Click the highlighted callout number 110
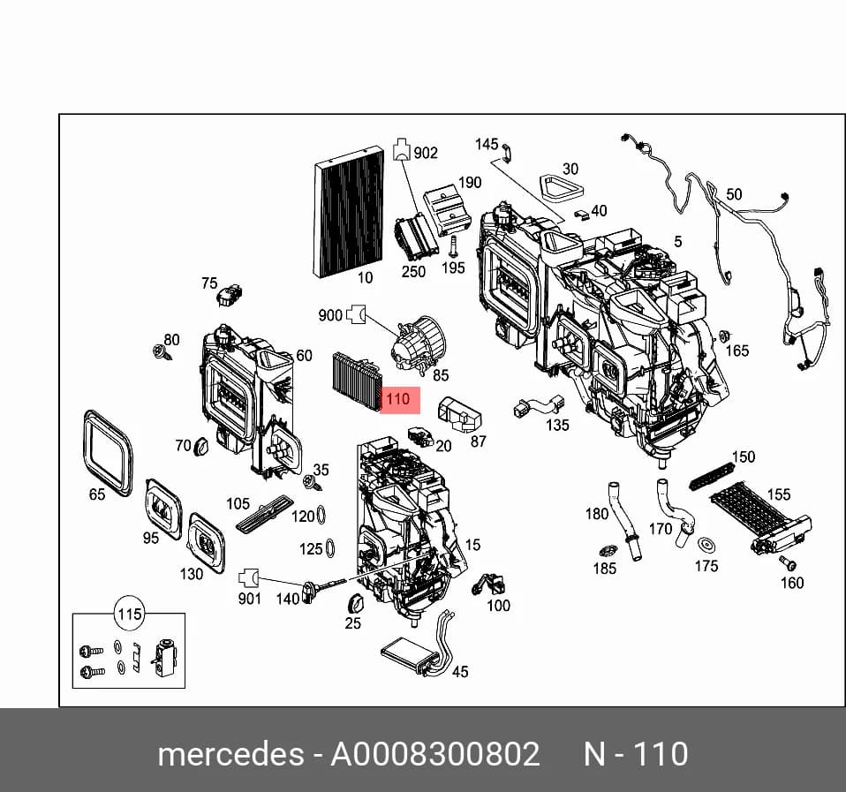point(398,399)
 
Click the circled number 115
point(130,614)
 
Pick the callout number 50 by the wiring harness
point(734,194)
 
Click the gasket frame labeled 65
point(108,453)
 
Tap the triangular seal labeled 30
point(561,188)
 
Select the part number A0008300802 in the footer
point(434,753)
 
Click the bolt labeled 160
point(787,563)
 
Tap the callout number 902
point(425,154)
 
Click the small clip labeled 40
point(581,215)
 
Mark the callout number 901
point(250,599)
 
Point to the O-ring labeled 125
point(331,548)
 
